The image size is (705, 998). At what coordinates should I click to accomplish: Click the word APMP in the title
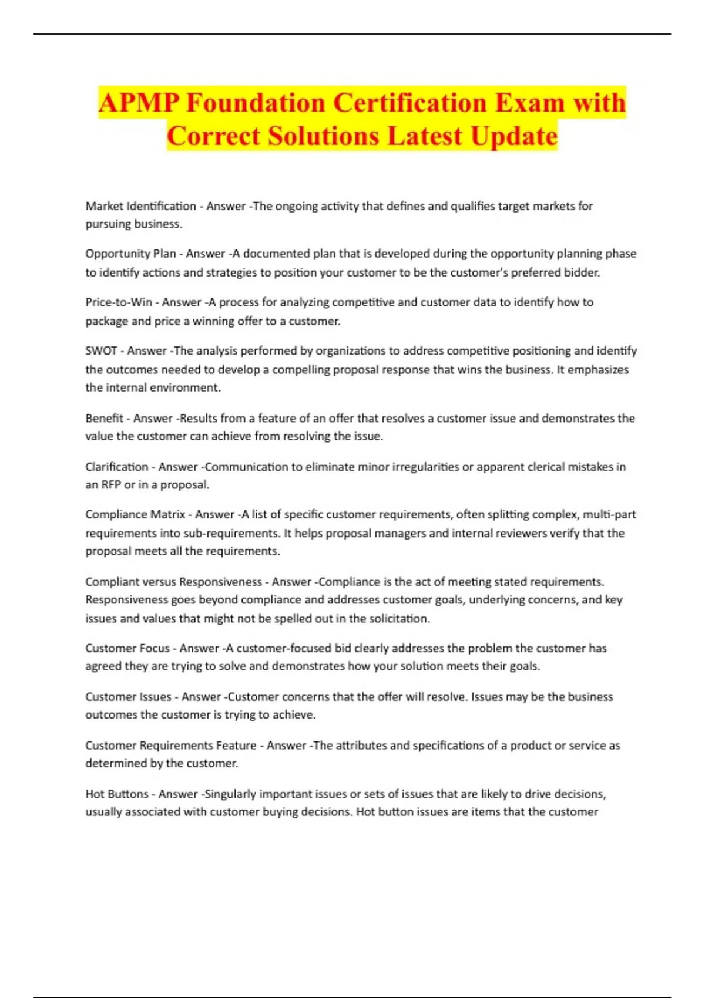(139, 103)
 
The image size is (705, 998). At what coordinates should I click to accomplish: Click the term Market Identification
(141, 206)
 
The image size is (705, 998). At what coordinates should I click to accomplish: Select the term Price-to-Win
(119, 302)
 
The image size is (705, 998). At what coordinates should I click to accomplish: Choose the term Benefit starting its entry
(105, 419)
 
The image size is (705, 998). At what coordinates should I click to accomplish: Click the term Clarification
(117, 467)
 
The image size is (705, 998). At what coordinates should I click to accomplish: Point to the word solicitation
(401, 619)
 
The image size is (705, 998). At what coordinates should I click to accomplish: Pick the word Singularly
(229, 794)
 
